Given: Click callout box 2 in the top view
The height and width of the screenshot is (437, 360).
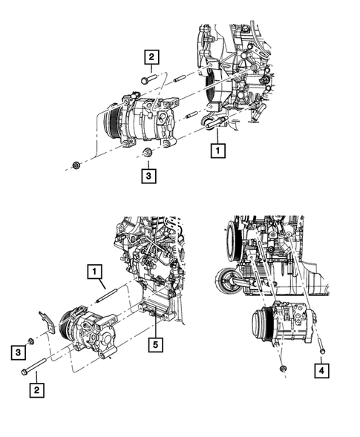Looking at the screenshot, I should [151, 56].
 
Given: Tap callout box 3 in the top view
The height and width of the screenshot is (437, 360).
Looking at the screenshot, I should [151, 176].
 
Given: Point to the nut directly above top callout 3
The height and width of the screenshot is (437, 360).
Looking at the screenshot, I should [146, 154].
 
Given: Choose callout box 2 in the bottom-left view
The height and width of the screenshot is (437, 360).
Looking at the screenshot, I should [34, 387].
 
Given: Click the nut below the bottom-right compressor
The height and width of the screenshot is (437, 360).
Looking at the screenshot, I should [284, 369].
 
